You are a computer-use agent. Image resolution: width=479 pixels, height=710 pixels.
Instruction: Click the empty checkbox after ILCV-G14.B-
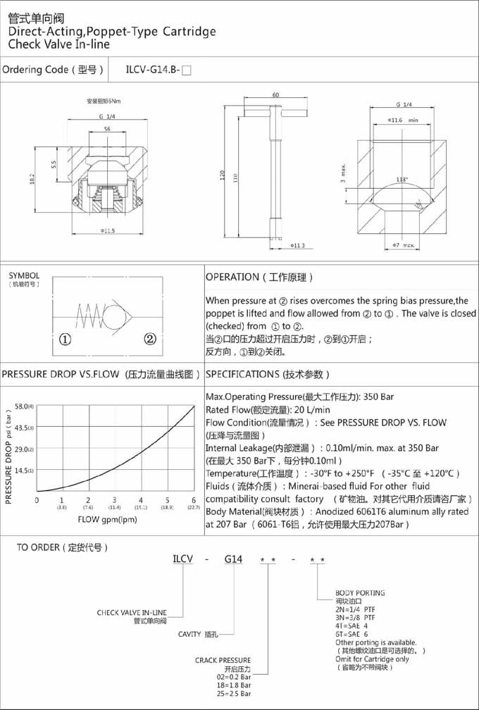186,70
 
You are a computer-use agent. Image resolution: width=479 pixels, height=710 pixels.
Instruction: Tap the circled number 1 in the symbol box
66,339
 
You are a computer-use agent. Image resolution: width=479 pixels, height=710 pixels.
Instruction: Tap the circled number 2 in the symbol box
150,339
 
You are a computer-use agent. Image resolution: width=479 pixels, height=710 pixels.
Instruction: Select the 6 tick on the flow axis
194,500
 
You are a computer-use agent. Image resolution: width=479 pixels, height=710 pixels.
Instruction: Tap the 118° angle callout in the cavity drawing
402,180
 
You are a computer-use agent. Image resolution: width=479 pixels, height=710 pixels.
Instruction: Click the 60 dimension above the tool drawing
275,95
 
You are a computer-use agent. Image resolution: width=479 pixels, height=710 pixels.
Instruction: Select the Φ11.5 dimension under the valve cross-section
107,230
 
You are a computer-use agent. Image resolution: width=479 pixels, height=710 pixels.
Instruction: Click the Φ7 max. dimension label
404,244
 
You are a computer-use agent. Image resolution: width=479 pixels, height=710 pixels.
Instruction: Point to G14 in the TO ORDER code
233,559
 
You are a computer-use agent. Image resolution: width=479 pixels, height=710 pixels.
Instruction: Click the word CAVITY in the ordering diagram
191,634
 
